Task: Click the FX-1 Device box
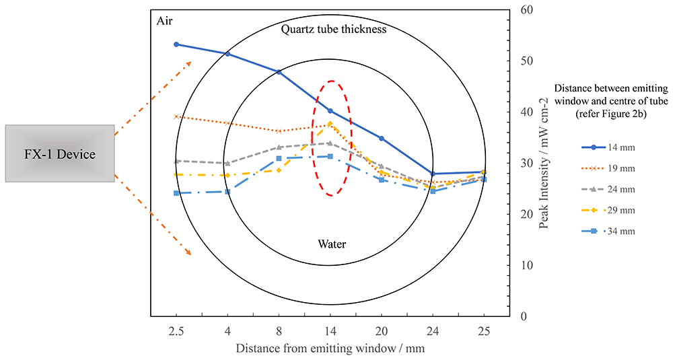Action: pyautogui.click(x=60, y=153)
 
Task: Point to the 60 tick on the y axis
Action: pyautogui.click(x=526, y=9)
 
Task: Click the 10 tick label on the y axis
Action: pyautogui.click(x=526, y=265)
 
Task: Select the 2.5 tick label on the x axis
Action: pyautogui.click(x=176, y=331)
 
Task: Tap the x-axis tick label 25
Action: pyautogui.click(x=484, y=331)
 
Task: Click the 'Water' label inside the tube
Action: pyautogui.click(x=332, y=244)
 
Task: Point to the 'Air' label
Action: pyautogui.click(x=164, y=21)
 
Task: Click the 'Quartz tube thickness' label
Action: pyautogui.click(x=334, y=29)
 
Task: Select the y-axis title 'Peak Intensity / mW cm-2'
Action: pyautogui.click(x=544, y=163)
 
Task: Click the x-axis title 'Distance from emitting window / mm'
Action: pyautogui.click(x=330, y=348)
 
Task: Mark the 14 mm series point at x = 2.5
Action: pyautogui.click(x=176, y=44)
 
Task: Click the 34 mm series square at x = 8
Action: pyautogui.click(x=279, y=158)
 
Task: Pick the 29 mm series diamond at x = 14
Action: pyautogui.click(x=330, y=124)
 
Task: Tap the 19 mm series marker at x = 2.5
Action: pyautogui.click(x=176, y=116)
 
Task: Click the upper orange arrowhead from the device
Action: pyautogui.click(x=188, y=64)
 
